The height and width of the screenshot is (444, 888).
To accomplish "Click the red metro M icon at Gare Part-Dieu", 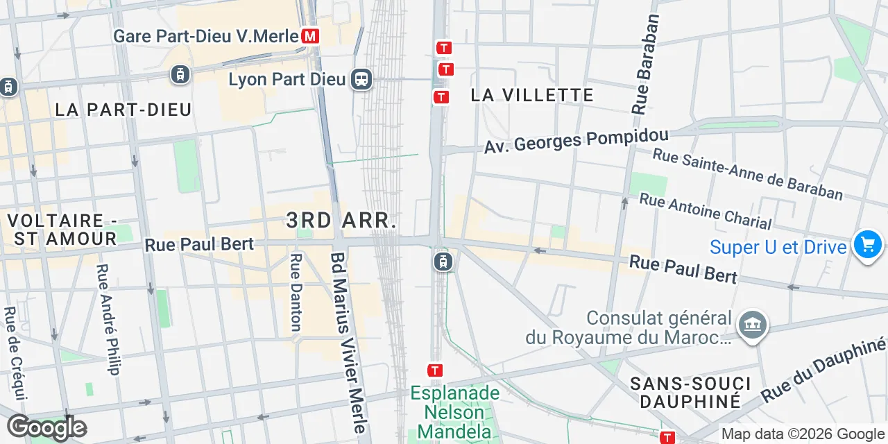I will (x=311, y=36).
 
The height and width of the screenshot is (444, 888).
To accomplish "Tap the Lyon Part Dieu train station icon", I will (x=361, y=79).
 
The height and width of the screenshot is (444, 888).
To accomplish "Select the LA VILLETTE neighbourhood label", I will (x=532, y=95).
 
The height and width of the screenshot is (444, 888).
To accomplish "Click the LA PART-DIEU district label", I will (x=123, y=110).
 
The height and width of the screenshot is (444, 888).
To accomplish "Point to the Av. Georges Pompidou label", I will (x=576, y=141).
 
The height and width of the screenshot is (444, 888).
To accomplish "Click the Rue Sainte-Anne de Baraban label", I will (x=748, y=175).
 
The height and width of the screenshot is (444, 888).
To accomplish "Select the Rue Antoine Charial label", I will (x=705, y=211).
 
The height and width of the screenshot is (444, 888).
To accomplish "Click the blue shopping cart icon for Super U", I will (x=867, y=245).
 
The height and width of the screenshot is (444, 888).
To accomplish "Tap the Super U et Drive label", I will (x=778, y=248).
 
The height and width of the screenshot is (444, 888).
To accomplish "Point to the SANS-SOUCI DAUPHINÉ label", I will (x=690, y=392).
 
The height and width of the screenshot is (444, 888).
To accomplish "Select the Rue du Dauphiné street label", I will (x=824, y=371).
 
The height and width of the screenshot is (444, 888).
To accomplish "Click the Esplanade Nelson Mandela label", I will (x=454, y=412).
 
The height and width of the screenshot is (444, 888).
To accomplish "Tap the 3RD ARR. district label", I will (x=341, y=221).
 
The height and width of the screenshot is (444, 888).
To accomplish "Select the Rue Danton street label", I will (x=296, y=291).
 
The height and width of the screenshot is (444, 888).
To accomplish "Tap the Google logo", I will (x=46, y=427).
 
